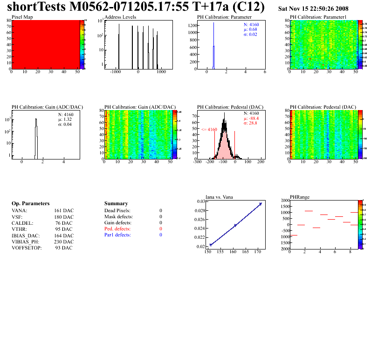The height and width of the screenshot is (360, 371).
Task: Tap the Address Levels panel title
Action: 120,17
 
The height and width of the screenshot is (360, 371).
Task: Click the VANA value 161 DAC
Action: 64,210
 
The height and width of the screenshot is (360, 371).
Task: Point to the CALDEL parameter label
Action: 21,223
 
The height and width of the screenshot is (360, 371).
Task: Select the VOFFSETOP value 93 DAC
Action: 64,248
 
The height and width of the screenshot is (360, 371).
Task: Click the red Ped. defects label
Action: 117,229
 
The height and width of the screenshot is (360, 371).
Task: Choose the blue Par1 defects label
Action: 117,235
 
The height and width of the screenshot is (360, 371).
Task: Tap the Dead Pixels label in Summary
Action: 117,211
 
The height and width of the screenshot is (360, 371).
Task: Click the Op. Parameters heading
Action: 30,204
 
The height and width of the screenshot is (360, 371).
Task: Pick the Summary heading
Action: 116,204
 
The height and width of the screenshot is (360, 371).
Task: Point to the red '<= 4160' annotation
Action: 209,129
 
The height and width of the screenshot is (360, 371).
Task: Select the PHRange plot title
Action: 300,197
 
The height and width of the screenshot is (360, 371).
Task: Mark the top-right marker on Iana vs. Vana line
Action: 261,204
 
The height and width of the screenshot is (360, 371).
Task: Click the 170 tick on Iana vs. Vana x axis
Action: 258,252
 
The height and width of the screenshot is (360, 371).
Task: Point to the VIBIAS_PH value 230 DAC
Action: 64,242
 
